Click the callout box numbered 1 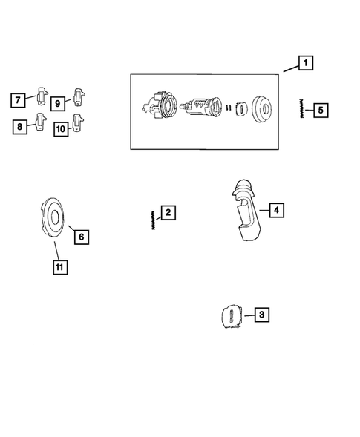304,63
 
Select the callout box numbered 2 168,214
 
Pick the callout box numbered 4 275,211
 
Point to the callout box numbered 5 320,111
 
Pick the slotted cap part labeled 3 233,316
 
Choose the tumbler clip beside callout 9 79,96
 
